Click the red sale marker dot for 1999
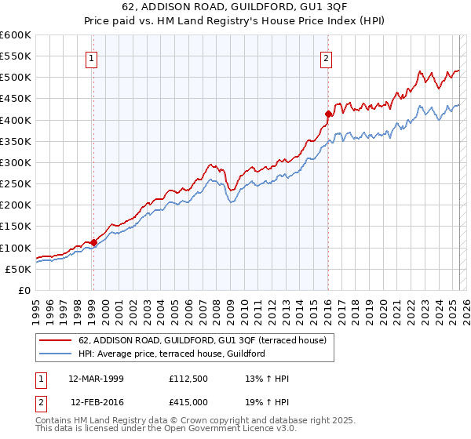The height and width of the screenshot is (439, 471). [x=93, y=242]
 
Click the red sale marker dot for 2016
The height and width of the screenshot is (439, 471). [x=328, y=114]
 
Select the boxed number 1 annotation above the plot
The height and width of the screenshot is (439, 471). [x=93, y=57]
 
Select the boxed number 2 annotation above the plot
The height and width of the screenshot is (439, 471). [x=326, y=57]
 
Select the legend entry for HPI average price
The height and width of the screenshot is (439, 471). [x=172, y=354]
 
